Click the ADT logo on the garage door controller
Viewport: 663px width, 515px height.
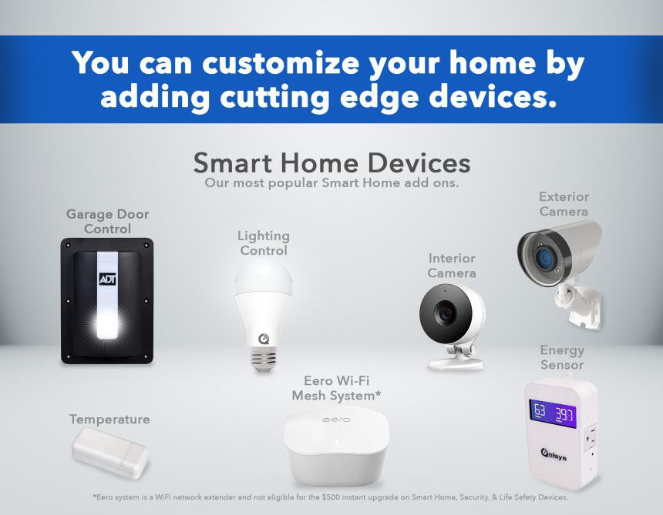tap(107, 279)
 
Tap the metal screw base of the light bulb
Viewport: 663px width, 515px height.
tap(263, 359)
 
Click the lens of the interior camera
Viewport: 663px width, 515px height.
tap(445, 313)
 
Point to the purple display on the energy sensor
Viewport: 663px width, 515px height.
tap(553, 413)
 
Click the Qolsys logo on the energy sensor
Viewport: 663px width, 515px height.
tap(554, 455)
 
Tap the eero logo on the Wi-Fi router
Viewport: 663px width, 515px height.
tap(336, 420)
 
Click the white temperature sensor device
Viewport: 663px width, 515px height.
tap(110, 452)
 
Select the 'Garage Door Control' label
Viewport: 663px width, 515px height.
tap(107, 221)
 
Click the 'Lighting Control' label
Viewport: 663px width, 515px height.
tap(264, 242)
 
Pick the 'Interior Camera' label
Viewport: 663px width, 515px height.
tap(452, 266)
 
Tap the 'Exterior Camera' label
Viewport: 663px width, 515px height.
tap(564, 204)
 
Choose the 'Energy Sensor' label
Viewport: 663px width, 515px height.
tap(562, 357)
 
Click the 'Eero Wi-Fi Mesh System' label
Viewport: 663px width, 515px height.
tap(337, 388)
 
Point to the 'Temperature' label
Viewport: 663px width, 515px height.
tap(109, 420)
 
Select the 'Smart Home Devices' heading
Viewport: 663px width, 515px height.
tap(332, 162)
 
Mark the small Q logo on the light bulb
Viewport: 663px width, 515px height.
tap(264, 339)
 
